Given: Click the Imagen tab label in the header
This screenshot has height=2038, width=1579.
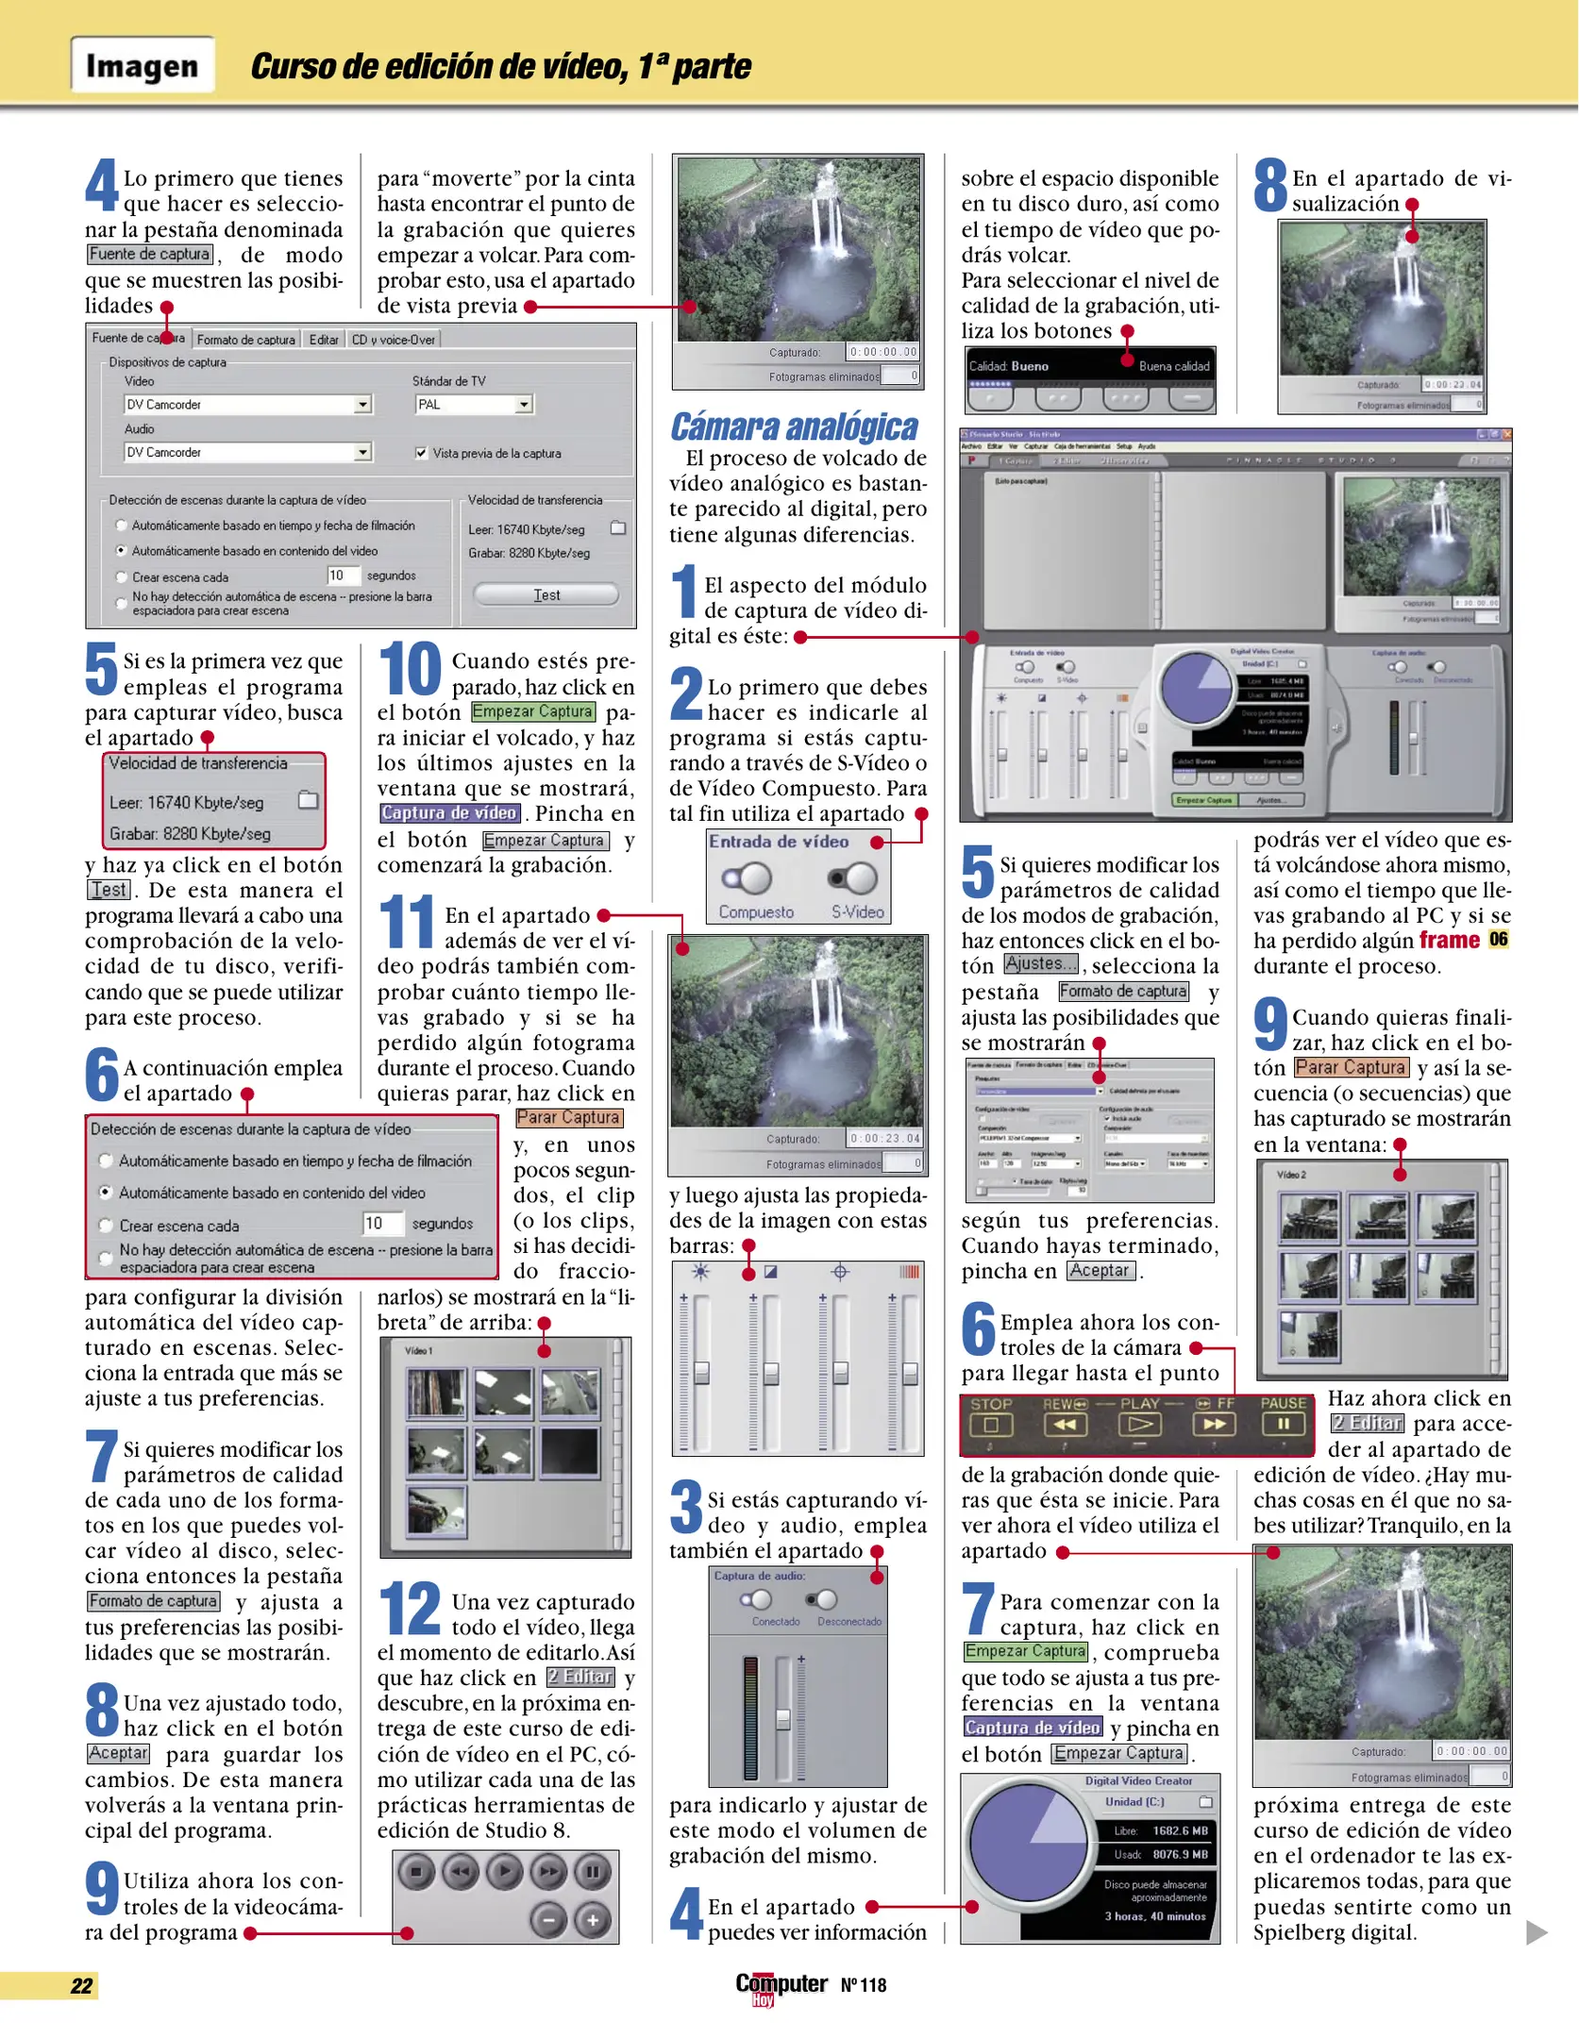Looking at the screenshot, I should [x=142, y=66].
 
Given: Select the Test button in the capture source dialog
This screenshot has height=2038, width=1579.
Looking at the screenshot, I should [x=546, y=594].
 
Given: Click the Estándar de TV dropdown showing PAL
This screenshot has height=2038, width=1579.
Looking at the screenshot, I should [x=474, y=404].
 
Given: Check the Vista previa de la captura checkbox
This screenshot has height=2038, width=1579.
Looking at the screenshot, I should [x=421, y=453].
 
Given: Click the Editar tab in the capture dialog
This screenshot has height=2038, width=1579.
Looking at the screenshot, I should [x=323, y=340].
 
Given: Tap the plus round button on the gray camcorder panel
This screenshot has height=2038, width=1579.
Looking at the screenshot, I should [x=593, y=1919].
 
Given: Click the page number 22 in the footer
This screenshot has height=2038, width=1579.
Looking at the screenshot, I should [x=82, y=1985].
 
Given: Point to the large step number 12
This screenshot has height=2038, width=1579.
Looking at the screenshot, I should [x=410, y=1609].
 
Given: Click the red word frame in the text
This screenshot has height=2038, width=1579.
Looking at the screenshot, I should [x=1449, y=941].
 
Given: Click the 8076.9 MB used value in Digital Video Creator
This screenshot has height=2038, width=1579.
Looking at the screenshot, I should [x=1179, y=1854].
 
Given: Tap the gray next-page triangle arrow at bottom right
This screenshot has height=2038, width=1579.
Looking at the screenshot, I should [x=1536, y=1932].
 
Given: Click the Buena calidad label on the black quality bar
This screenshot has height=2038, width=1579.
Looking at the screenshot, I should [x=1173, y=366].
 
